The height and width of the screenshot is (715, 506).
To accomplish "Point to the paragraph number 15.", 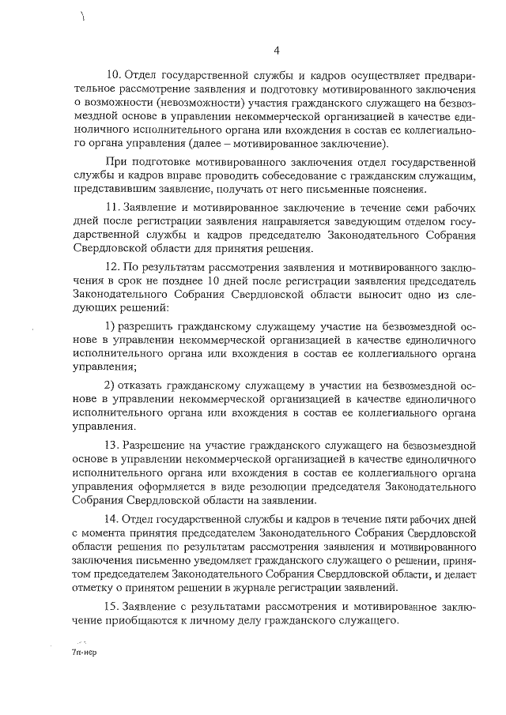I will (112, 606).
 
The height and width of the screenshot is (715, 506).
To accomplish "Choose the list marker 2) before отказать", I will (110, 386).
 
